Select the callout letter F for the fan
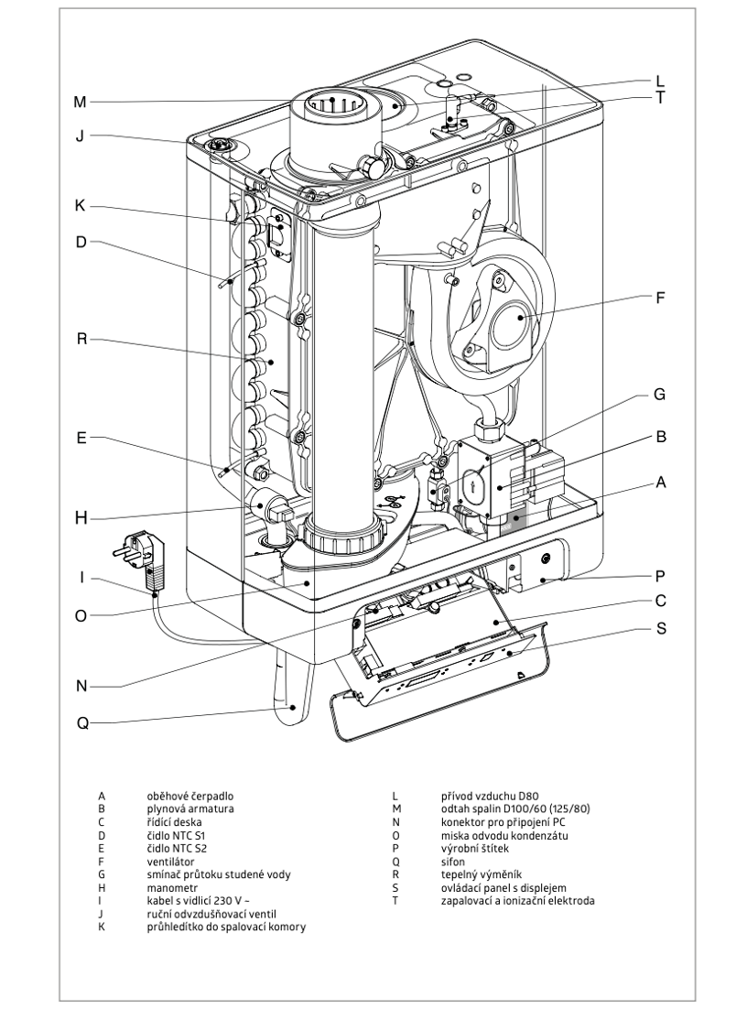point(661,298)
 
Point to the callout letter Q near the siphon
point(80,722)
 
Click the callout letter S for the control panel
point(661,630)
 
